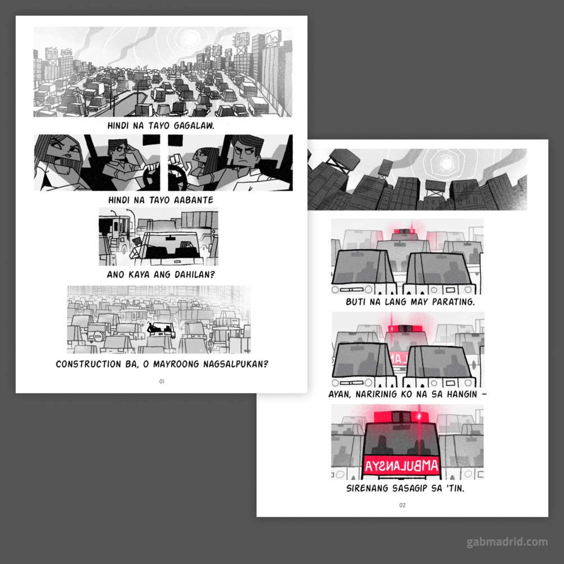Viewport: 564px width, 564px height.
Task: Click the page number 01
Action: pos(162,381)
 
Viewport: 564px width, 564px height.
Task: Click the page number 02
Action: pos(402,505)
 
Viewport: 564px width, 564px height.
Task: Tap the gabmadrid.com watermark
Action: pos(507,542)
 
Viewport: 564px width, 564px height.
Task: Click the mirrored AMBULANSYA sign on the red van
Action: pos(401,466)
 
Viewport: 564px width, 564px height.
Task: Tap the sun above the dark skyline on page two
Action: pos(446,164)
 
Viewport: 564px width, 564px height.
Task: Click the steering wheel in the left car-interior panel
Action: pos(152,177)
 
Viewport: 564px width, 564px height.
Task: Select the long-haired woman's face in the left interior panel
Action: pos(67,153)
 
